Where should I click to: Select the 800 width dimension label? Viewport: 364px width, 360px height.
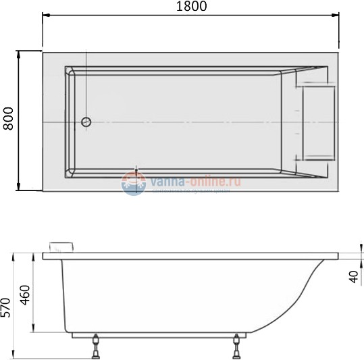point(9,120)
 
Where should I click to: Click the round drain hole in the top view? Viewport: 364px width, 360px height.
point(86,122)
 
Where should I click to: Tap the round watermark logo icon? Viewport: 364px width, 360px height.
point(133,182)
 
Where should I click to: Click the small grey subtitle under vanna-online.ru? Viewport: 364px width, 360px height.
point(192,191)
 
